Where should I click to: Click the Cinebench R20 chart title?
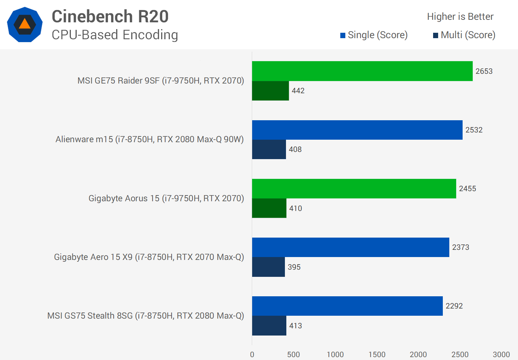[110, 17]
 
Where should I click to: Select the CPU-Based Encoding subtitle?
[115, 35]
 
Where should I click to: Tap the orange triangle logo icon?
[25, 24]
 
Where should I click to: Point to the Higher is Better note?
[460, 17]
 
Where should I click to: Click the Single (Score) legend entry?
[374, 35]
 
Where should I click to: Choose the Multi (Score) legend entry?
[464, 35]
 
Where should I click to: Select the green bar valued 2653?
[362, 71]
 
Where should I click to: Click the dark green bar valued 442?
[270, 91]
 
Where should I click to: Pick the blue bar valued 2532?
[357, 130]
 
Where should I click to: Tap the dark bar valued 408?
[269, 149]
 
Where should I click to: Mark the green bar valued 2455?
[354, 189]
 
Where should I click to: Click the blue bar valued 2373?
[350, 247]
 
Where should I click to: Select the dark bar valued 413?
[269, 326]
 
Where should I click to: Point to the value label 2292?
[454, 306]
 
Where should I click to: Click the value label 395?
[294, 267]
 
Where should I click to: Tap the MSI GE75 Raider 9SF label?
[161, 81]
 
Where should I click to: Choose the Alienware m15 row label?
[150, 139]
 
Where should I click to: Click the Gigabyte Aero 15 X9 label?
[149, 257]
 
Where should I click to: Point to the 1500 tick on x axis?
[377, 355]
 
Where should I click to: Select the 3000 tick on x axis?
[501, 355]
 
